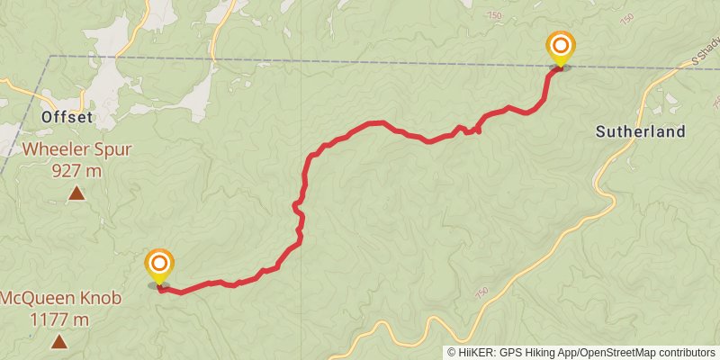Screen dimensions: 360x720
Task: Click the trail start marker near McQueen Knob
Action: (159, 265)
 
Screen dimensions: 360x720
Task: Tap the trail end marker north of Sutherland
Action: (561, 47)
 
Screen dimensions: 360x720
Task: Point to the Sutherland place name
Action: (640, 131)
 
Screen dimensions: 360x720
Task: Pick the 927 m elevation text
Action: (76, 169)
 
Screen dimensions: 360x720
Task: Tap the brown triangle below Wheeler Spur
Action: (76, 193)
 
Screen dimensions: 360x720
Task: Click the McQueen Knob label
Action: (59, 298)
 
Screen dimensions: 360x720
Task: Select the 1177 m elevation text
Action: (59, 319)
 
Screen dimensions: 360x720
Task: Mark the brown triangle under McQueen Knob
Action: (59, 341)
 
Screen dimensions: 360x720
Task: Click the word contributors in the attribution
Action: (687, 352)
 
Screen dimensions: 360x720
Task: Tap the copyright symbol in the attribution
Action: (453, 352)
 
